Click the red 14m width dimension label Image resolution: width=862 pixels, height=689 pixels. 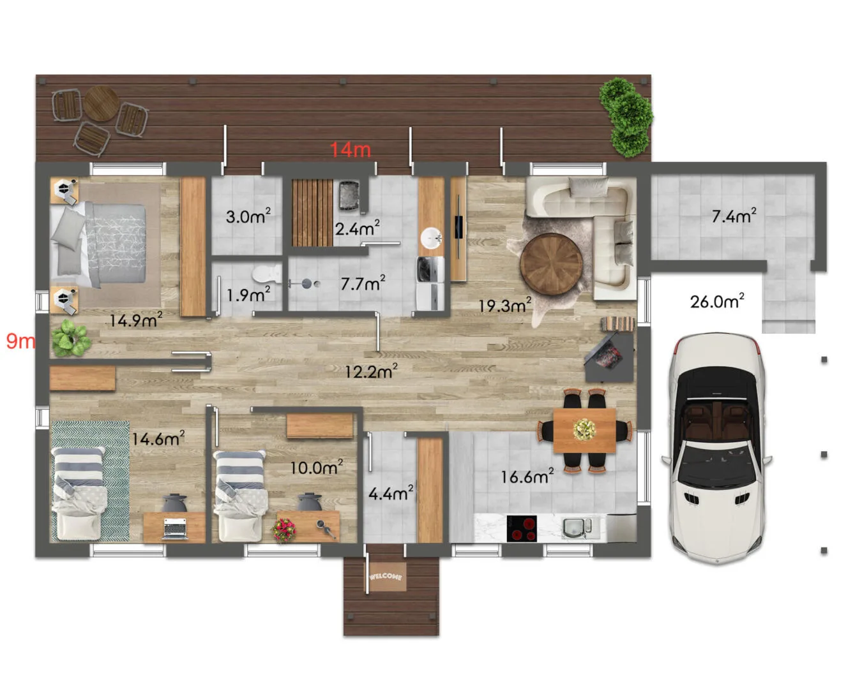(x=351, y=150)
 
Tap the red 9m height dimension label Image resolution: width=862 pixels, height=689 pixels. (x=21, y=341)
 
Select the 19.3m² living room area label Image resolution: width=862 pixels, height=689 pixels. (x=505, y=306)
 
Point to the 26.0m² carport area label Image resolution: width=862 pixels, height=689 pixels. (x=717, y=301)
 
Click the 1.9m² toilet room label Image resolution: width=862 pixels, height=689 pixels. (x=248, y=295)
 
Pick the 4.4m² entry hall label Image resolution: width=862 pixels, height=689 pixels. (x=391, y=493)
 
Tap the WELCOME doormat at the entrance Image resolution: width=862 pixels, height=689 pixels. (x=386, y=577)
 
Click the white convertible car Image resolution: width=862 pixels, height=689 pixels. (x=716, y=448)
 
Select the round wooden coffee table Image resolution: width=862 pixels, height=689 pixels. (x=551, y=264)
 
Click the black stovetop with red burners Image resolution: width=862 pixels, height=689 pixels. (x=522, y=528)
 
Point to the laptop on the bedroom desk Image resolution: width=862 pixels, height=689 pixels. (x=175, y=528)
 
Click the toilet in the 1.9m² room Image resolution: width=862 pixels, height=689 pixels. (x=267, y=273)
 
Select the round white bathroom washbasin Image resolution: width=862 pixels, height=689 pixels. (x=431, y=239)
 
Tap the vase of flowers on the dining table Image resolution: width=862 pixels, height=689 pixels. (x=584, y=429)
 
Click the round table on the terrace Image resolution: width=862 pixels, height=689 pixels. (x=101, y=103)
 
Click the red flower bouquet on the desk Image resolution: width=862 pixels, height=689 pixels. (x=284, y=530)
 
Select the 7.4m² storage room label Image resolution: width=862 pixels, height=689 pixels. (x=734, y=216)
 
